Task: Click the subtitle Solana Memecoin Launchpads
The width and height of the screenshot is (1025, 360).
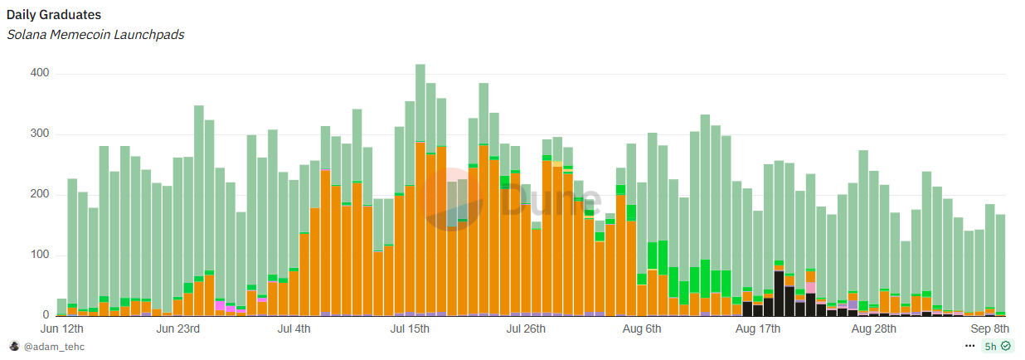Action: click(x=95, y=35)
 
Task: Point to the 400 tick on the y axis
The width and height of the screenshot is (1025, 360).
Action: click(x=40, y=73)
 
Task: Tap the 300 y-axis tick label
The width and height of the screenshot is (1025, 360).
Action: click(x=40, y=134)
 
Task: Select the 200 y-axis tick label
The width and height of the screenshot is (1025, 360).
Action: click(x=40, y=194)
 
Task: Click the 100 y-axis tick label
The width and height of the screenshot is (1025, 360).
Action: click(x=40, y=255)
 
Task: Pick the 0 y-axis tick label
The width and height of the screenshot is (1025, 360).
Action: click(x=46, y=315)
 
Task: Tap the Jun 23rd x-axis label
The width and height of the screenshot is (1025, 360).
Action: click(x=177, y=329)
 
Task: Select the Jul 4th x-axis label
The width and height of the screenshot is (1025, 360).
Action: click(x=294, y=329)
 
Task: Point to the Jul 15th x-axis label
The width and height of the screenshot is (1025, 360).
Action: click(x=410, y=329)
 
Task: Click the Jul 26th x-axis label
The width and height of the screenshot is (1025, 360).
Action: click(x=526, y=329)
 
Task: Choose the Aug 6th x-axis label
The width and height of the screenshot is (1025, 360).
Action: click(x=642, y=329)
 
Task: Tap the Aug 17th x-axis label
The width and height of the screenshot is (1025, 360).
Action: click(x=758, y=329)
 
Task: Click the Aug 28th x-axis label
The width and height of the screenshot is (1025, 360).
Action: click(x=874, y=329)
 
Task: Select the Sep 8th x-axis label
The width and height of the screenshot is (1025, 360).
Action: click(x=989, y=329)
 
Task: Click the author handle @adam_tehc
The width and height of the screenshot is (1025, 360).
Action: click(x=54, y=347)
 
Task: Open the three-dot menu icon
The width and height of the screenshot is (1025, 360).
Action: click(x=969, y=346)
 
